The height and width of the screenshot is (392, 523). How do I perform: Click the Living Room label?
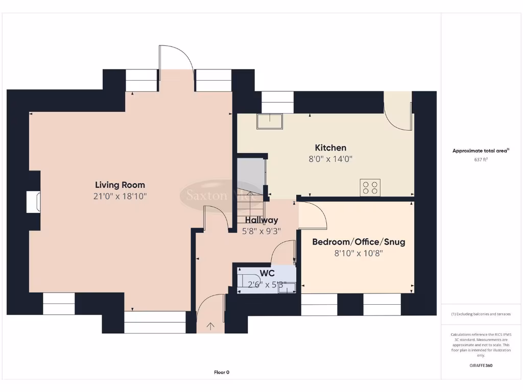120,185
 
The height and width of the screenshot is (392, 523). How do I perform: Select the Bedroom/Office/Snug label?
359,241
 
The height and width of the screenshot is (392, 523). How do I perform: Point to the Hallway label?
261,220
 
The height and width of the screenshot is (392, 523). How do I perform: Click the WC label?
267,273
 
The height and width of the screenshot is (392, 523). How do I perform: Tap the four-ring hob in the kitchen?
370,188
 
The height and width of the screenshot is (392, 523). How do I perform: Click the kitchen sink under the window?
270,121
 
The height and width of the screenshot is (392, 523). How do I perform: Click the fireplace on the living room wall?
34,202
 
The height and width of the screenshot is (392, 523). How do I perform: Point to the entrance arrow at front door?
210,326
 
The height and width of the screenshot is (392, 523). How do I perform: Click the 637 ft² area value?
481,160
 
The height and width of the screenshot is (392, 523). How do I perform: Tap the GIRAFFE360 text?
481,365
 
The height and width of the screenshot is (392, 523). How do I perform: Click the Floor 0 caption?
222,372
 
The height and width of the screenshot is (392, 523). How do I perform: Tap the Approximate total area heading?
481,151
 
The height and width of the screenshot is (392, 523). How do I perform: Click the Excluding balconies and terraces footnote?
481,314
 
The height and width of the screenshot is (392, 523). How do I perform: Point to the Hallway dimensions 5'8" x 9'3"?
261,231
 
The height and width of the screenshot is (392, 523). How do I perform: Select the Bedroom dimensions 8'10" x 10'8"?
359,253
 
